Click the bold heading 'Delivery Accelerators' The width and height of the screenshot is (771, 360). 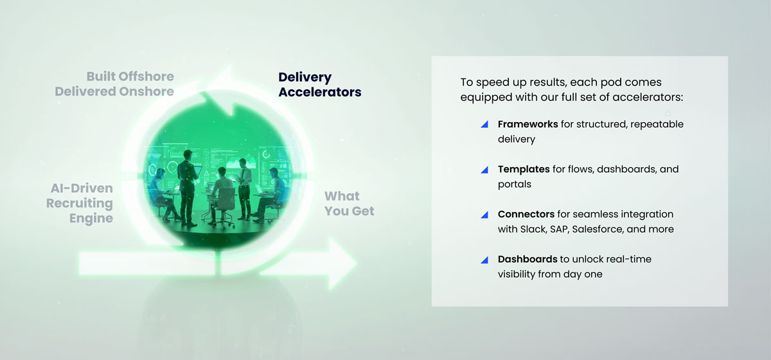tap(319, 84)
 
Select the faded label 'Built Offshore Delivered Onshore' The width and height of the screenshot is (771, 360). tap(114, 84)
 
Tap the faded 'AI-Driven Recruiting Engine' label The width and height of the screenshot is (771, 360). tap(82, 203)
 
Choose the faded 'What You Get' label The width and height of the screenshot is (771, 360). tap(349, 203)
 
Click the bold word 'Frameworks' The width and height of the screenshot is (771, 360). tap(527, 124)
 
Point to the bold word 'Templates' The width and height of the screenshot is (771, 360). tap(523, 169)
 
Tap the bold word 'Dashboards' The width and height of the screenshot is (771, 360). tap(527, 259)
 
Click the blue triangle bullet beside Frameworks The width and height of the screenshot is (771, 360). tap(485, 124)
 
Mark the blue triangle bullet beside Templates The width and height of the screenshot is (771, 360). tap(485, 170)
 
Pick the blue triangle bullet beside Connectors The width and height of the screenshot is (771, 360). tap(485, 215)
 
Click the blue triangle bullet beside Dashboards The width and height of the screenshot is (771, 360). tap(485, 260)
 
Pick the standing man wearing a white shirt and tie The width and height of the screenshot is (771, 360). tap(244, 186)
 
